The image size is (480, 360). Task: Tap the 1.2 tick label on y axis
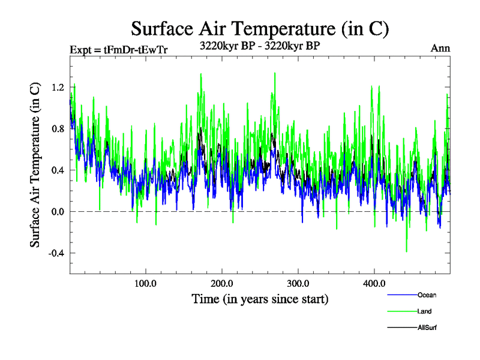pyautogui.click(x=58, y=88)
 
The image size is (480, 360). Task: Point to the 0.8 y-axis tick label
pyautogui.click(x=58, y=129)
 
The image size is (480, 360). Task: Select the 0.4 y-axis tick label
pyautogui.click(x=58, y=170)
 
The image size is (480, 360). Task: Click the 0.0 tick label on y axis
pyautogui.click(x=58, y=212)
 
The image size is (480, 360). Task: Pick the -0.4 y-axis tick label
pyautogui.click(x=56, y=253)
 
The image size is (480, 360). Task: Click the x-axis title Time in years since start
pyautogui.click(x=260, y=298)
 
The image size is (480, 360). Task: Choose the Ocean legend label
pyautogui.click(x=427, y=295)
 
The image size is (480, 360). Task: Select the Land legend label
pyautogui.click(x=424, y=311)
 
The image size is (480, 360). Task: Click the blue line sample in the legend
pyautogui.click(x=401, y=295)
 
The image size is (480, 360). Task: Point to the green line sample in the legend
pyautogui.click(x=401, y=311)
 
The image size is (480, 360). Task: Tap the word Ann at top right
pyautogui.click(x=440, y=49)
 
